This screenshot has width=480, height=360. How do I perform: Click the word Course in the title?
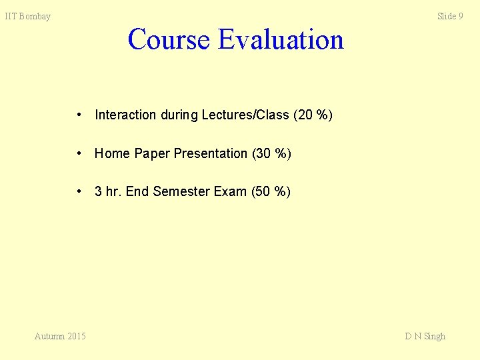(169, 39)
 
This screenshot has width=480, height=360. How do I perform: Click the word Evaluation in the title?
(281, 39)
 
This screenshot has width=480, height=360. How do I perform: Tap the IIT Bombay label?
(28, 17)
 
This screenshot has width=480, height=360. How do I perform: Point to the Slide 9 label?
(450, 16)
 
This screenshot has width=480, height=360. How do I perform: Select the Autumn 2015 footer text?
(60, 336)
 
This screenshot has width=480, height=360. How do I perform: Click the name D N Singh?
(425, 336)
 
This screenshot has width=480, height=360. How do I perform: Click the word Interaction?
(125, 115)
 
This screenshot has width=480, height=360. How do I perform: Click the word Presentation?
(211, 153)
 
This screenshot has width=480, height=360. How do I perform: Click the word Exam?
(230, 192)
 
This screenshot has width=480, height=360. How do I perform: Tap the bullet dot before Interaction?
(79, 115)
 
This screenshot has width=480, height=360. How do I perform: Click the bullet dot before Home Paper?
(79, 153)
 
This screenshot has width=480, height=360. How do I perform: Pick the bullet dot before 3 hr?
(79, 192)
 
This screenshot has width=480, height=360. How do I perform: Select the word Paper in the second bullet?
(152, 153)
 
